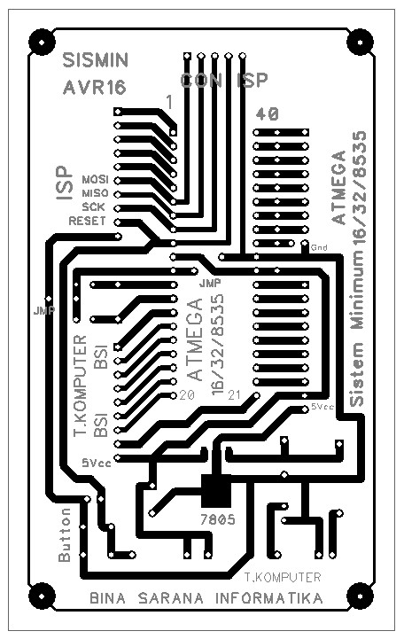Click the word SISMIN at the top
point(97,60)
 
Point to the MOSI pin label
point(94,177)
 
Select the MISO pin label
point(94,192)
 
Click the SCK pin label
point(95,207)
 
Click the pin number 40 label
point(268,113)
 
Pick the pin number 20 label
point(187,394)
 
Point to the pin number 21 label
point(235,394)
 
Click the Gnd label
point(319,247)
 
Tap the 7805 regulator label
point(216,520)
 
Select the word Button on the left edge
point(64,536)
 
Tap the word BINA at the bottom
point(109,599)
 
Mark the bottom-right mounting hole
point(360,594)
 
